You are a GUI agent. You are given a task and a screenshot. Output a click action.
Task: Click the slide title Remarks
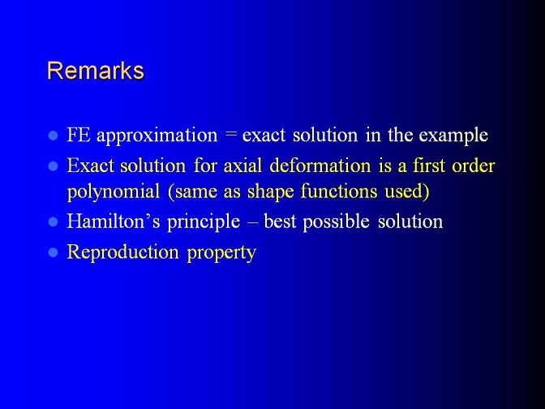pos(96,71)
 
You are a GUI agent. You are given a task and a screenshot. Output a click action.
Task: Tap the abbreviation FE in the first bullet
pos(79,135)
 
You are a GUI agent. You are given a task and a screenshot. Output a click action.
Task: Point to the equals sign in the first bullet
pos(230,135)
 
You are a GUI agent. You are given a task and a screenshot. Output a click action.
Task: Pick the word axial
pos(242,166)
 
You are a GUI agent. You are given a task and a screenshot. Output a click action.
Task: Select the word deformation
pos(320,166)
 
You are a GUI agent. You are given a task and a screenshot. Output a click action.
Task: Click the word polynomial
pos(114,192)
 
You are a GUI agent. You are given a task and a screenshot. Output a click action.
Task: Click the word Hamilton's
pos(114,222)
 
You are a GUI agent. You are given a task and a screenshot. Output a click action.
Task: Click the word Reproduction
pos(122,252)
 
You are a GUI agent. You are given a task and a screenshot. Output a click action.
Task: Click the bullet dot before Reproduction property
pos(53,252)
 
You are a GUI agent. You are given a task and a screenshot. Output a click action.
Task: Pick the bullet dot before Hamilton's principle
pos(53,222)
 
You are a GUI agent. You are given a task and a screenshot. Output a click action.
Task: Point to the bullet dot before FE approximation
pos(53,136)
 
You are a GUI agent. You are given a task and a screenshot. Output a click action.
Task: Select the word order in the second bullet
pos(473,166)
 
